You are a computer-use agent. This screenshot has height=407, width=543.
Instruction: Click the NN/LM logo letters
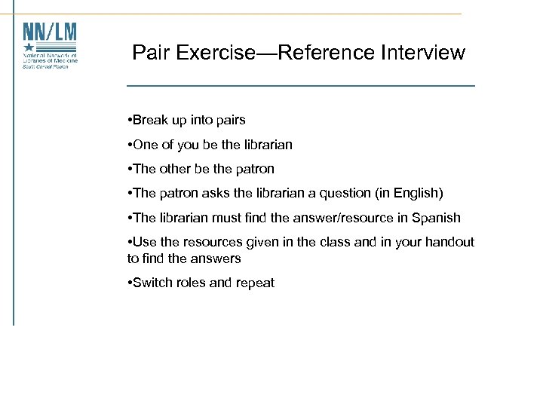[50, 32]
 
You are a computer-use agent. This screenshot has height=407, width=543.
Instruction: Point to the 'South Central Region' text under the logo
[45, 66]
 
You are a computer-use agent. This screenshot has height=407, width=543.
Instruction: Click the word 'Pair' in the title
[148, 53]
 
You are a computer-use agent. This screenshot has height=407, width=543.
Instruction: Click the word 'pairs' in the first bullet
[230, 120]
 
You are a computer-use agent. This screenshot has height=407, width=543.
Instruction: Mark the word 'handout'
[451, 242]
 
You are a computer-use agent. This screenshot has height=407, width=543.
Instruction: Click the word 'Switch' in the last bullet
[152, 283]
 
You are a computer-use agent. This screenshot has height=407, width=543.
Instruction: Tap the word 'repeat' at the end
[255, 283]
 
